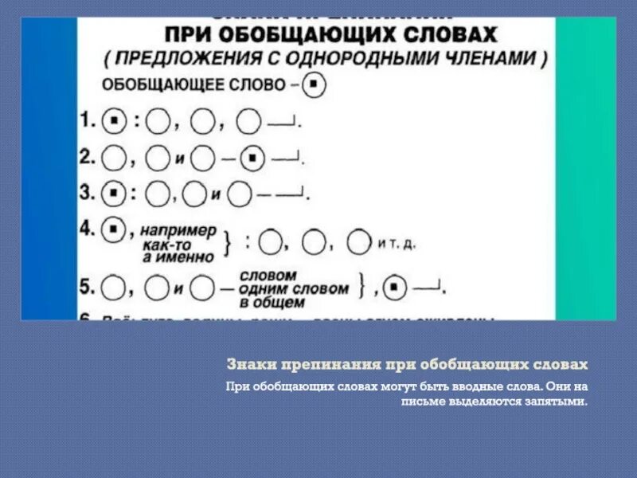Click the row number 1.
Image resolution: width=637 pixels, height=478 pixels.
[x=87, y=122]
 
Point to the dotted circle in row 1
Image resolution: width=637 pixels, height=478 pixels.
[x=115, y=122]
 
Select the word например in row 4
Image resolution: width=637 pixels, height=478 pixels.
[x=178, y=229]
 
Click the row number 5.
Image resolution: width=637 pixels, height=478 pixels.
[x=87, y=284]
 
